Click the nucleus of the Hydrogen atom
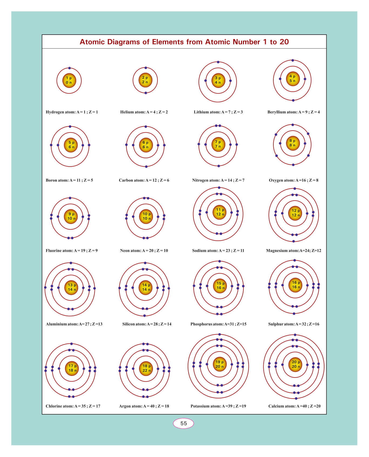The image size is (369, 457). point(69,80)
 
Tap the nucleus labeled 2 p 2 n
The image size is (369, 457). point(145,80)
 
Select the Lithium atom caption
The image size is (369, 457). point(218,112)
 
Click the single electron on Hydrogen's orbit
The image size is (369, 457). point(69,68)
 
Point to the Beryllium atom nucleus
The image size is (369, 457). point(293,79)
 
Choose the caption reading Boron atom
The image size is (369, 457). point(69,180)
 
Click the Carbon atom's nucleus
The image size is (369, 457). point(146,145)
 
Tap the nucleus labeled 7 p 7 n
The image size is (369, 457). point(218,144)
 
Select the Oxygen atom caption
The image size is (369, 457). point(293,180)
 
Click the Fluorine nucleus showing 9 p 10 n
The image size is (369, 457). point(71,216)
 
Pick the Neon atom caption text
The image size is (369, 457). point(144,250)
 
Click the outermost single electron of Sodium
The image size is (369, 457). point(219,188)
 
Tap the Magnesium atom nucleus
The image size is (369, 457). point(296,213)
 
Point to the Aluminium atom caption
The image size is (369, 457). point(74,324)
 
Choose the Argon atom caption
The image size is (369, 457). point(144,406)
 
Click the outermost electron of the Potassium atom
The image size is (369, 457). point(220,335)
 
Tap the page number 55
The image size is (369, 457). point(184,423)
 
